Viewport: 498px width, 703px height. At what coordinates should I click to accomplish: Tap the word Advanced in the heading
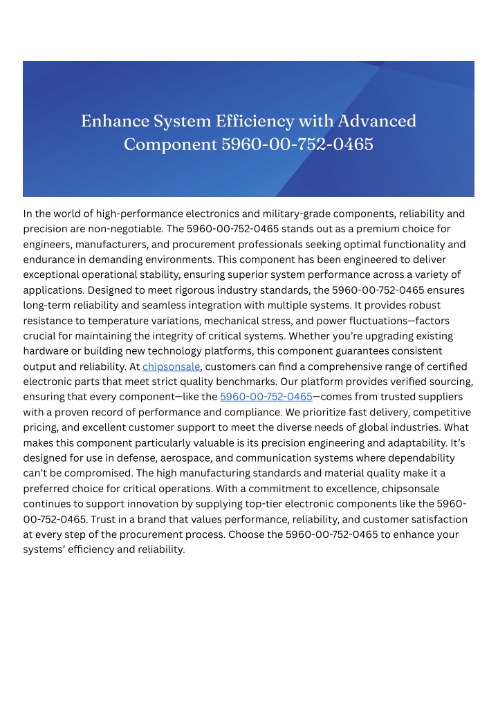(x=377, y=121)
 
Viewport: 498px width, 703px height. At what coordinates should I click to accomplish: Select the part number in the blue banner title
(x=297, y=145)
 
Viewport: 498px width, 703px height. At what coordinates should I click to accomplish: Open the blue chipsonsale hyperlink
(x=172, y=366)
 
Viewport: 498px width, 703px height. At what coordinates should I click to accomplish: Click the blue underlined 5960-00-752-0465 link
(x=266, y=397)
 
